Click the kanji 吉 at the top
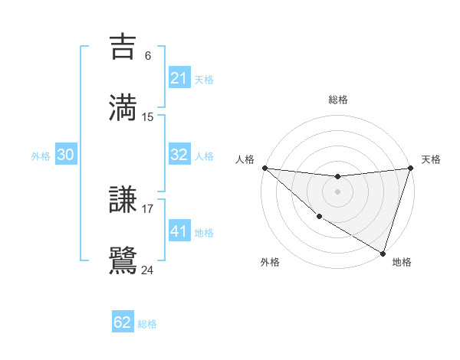click(x=123, y=47)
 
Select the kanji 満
click(x=123, y=106)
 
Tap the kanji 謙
click(x=123, y=201)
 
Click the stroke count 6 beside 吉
click(x=148, y=55)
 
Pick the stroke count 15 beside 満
click(x=148, y=116)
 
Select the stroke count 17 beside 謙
click(x=148, y=208)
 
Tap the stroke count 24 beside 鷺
click(x=148, y=269)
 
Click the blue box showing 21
click(x=179, y=78)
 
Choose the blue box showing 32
click(x=179, y=155)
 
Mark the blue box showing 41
click(x=179, y=231)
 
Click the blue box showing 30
click(x=66, y=155)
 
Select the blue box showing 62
click(x=123, y=322)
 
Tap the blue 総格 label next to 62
click(x=147, y=324)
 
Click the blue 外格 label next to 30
click(x=41, y=156)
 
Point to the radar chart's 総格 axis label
click(x=337, y=100)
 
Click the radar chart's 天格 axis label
click(x=431, y=159)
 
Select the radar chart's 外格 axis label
click(x=270, y=262)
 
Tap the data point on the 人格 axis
click(x=264, y=168)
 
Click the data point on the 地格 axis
click(x=383, y=254)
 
